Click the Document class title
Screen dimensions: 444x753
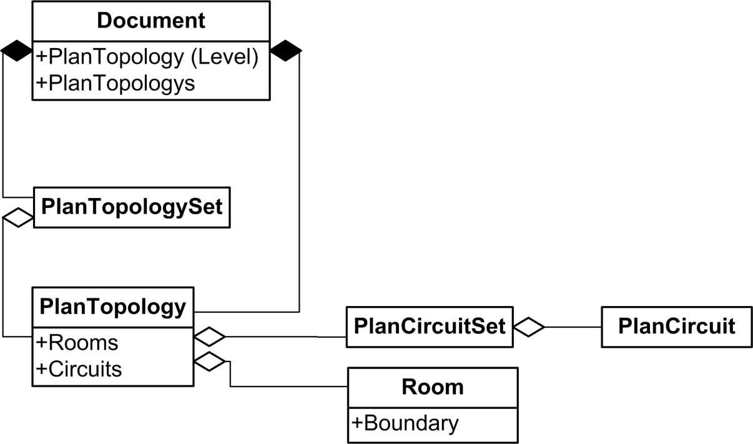coord(151,21)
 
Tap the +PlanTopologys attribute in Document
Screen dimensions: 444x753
coord(116,83)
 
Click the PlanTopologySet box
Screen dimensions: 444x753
coord(131,207)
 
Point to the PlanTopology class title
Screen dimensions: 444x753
coord(113,307)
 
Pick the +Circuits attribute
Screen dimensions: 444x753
coord(80,368)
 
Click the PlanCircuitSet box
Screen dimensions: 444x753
coord(429,326)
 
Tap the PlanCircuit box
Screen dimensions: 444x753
coord(676,326)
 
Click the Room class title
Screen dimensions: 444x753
coord(433,387)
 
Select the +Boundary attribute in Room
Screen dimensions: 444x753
coord(405,423)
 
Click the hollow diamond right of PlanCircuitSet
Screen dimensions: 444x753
coord(529,327)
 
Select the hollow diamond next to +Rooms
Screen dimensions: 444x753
coord(209,337)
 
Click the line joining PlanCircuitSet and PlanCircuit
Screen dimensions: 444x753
coord(573,327)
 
